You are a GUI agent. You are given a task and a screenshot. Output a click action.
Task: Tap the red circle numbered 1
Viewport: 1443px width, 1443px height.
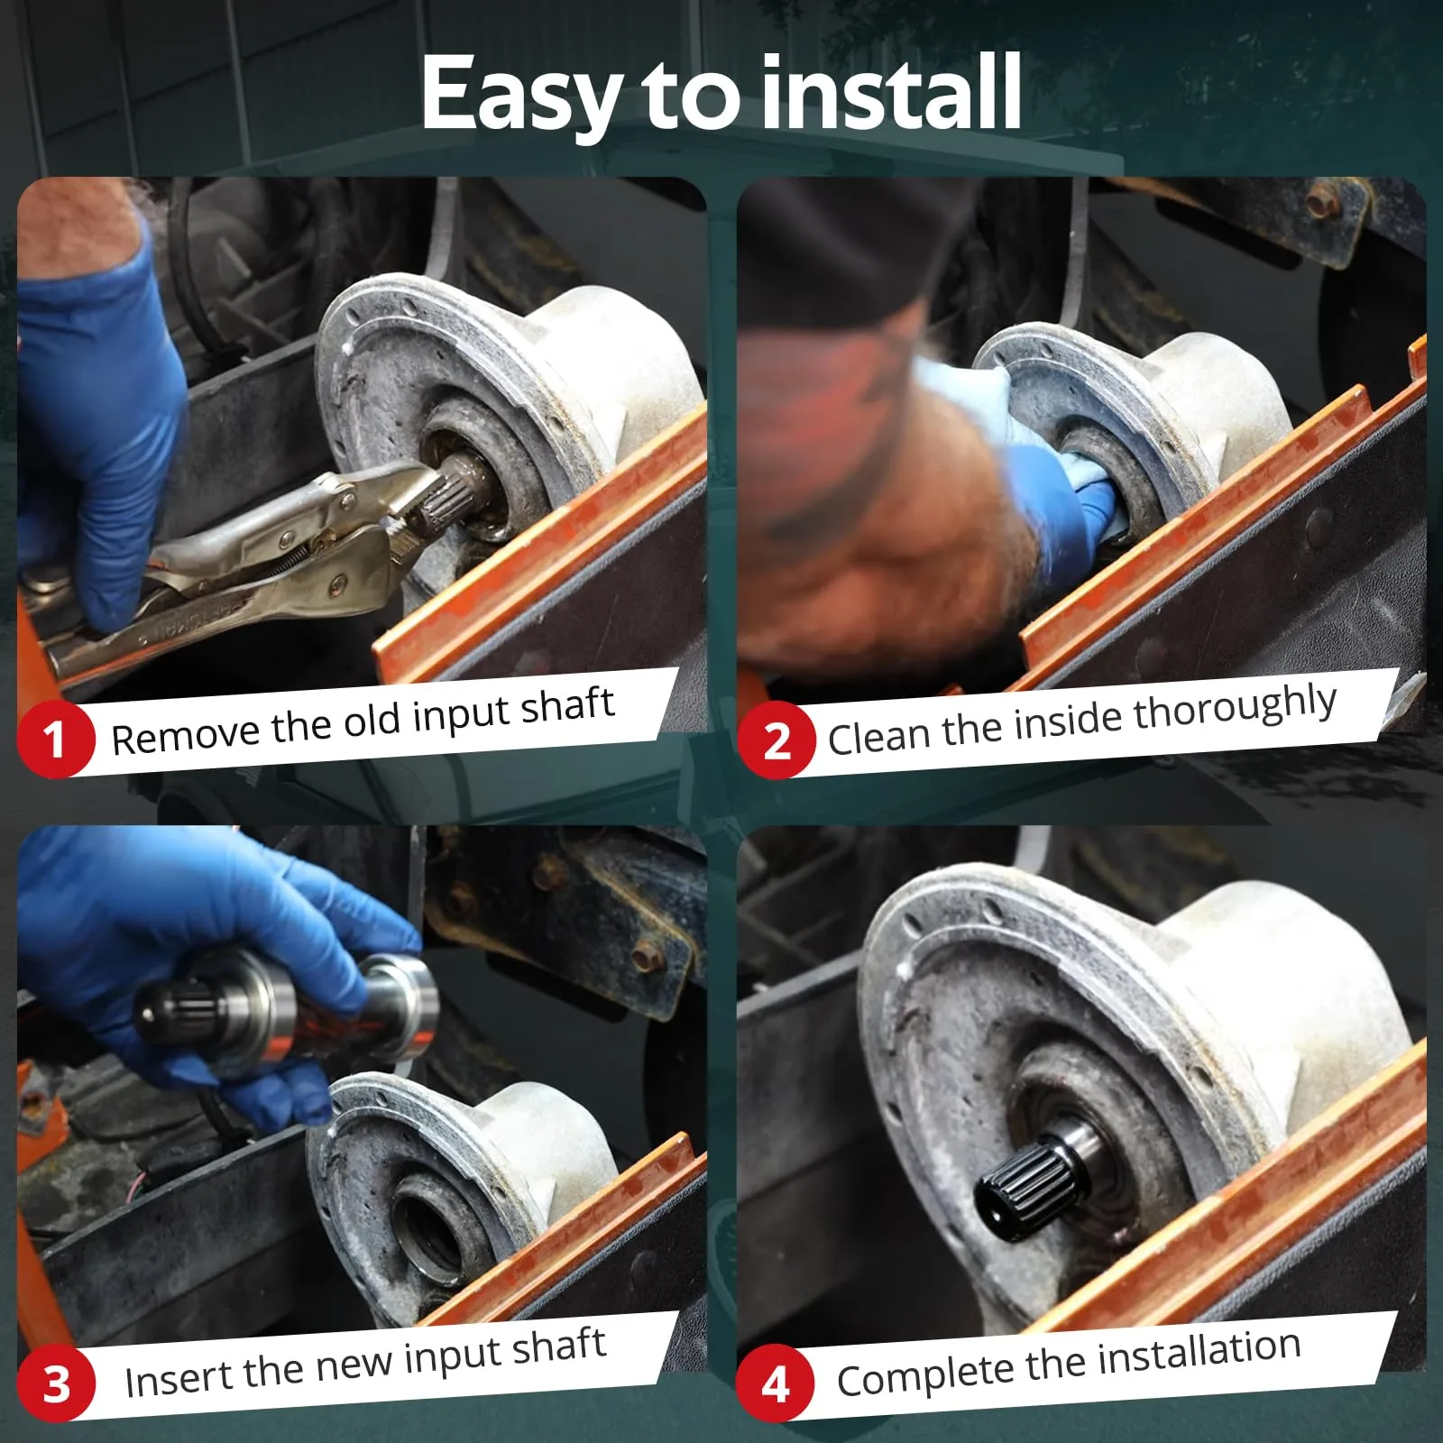[55, 740]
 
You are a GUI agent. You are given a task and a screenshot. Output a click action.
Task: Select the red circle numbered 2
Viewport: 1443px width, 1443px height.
[776, 741]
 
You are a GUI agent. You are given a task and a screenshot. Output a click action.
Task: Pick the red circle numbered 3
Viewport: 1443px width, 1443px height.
[56, 1383]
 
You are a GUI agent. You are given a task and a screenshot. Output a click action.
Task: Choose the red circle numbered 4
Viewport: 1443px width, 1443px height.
[776, 1383]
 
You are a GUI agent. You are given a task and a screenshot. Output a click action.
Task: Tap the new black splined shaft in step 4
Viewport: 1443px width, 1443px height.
[1037, 1168]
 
